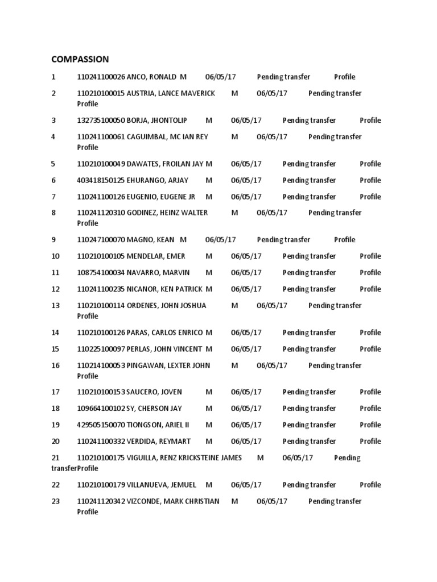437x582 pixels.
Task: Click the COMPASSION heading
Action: [x=80, y=59]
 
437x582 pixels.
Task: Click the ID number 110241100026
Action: [x=101, y=77]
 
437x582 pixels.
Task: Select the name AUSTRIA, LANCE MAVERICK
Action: [x=171, y=93]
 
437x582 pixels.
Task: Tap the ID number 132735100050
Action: [x=101, y=120]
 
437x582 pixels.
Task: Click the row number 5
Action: [x=53, y=164]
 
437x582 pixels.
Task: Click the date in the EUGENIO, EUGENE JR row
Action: [x=246, y=197]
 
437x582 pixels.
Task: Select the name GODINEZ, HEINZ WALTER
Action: [x=167, y=213]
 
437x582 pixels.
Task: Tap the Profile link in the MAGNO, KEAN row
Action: [x=344, y=240]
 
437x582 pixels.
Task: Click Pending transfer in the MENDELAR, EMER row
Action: [x=309, y=256]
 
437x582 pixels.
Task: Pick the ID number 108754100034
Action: [x=101, y=273]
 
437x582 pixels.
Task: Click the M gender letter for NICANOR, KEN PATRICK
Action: [x=209, y=289]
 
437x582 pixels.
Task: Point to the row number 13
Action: [x=55, y=305]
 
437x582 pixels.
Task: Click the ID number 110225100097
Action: [x=101, y=349]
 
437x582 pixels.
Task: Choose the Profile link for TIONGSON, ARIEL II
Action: [x=370, y=425]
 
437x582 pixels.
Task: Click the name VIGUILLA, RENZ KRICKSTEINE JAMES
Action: [x=184, y=458]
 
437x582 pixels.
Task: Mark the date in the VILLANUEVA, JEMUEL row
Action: [x=246, y=485]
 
